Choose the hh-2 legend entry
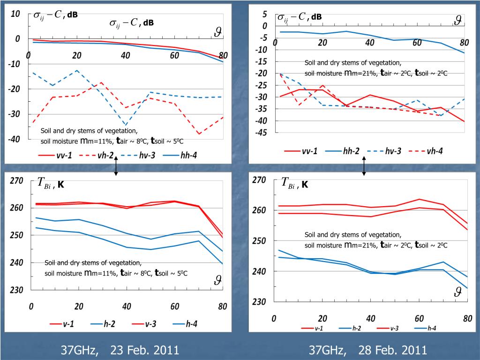[342, 151]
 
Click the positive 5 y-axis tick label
[265, 14]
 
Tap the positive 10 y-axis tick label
[15, 14]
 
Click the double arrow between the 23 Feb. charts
[116, 166]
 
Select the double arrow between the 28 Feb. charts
[364, 166]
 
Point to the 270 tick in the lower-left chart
[16, 180]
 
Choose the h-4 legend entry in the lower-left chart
[186, 323]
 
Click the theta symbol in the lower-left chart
[217, 280]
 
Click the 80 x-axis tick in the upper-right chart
[464, 43]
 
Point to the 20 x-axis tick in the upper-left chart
[77, 55]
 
